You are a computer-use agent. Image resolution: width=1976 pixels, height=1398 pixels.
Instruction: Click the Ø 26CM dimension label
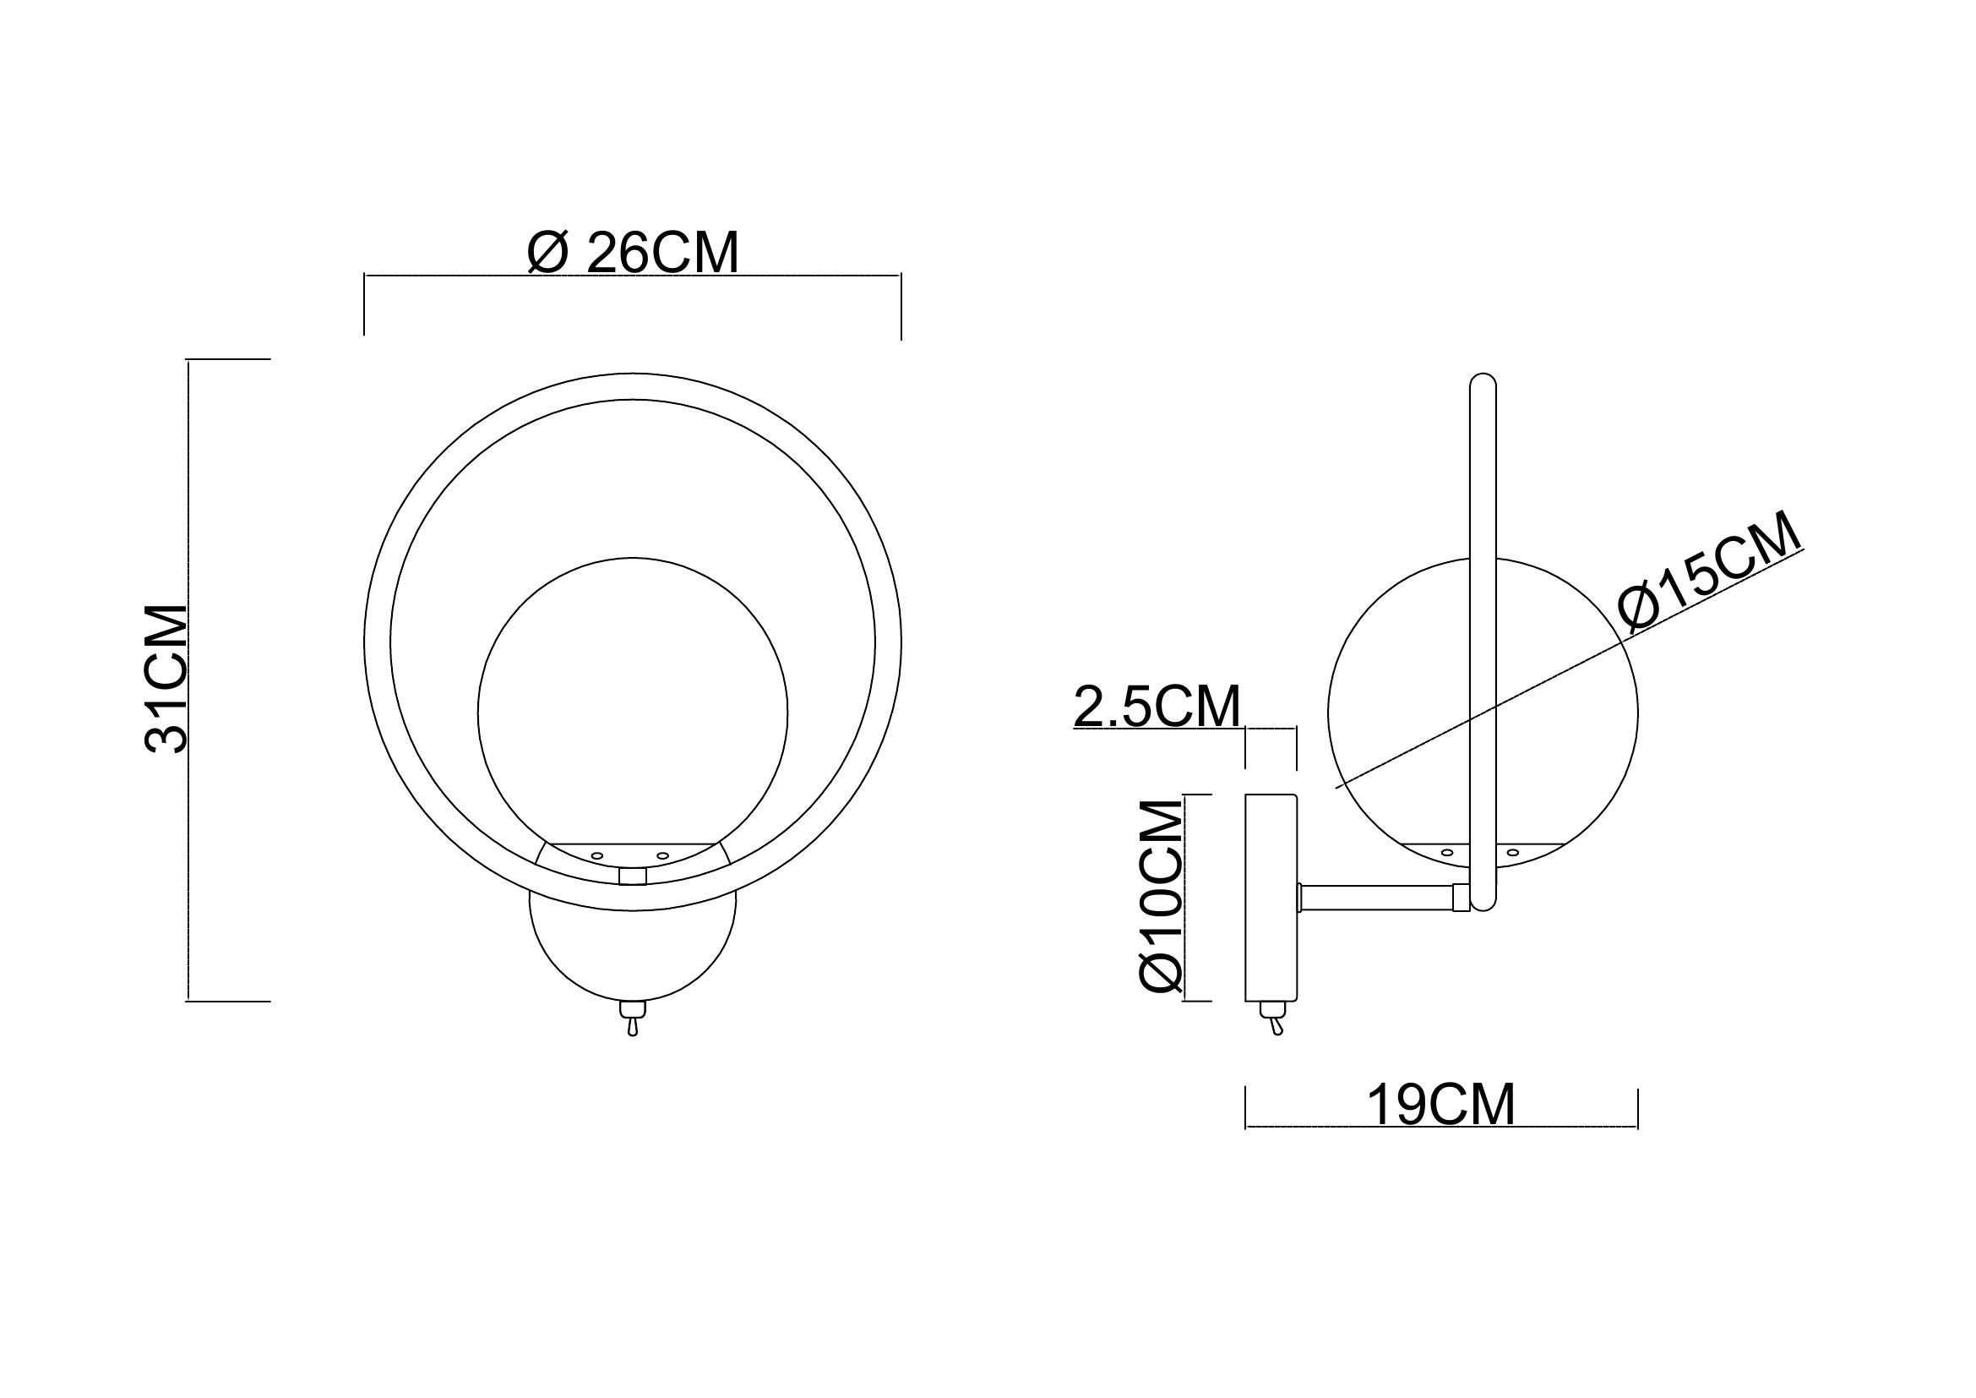(634, 253)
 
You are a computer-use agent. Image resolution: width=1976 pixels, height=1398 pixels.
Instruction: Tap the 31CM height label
(167, 680)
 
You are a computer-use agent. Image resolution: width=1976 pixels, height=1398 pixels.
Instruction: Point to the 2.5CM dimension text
(1157, 707)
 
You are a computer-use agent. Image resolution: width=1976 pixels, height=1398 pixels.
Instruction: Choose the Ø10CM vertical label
(1161, 896)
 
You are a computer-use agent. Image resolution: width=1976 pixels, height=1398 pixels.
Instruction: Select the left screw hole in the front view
(596, 855)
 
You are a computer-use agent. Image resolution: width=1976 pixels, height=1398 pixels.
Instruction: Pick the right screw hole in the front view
(661, 855)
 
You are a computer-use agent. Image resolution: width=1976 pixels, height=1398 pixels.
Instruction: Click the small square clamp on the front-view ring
(633, 876)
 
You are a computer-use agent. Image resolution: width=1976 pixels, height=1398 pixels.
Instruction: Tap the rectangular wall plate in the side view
(1271, 898)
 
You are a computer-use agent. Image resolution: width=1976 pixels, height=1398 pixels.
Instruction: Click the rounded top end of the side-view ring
(1483, 381)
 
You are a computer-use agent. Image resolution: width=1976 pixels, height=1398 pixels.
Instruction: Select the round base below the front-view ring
(633, 956)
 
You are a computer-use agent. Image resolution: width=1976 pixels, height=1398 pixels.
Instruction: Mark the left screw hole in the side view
(1446, 853)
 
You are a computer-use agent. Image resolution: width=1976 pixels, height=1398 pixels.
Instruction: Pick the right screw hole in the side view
(1513, 853)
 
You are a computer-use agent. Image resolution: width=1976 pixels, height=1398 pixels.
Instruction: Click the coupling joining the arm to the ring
(1461, 898)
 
